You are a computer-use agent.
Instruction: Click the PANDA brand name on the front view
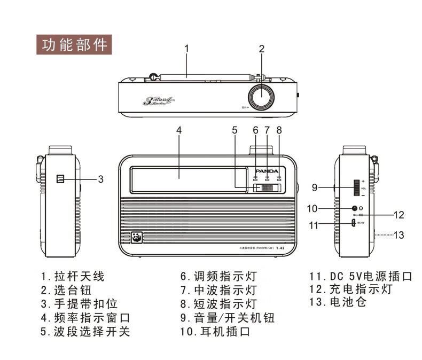point(266,171)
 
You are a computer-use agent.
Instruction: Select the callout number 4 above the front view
point(179,130)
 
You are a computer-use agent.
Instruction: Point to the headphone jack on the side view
point(354,208)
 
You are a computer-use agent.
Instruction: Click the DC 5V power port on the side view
point(354,223)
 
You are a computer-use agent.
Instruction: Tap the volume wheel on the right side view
point(356,188)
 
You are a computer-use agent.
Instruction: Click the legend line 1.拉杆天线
point(73,276)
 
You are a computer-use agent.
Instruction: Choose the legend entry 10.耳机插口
point(216,332)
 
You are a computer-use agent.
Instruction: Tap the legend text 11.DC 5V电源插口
point(361,276)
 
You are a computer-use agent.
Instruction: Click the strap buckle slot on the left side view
point(60,179)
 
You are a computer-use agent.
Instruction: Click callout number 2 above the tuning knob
point(262,49)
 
